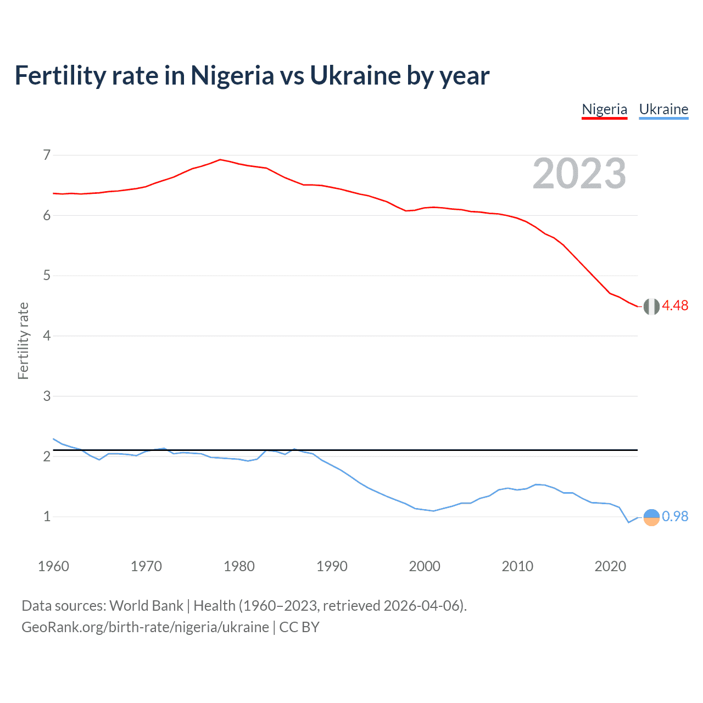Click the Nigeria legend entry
(x=604, y=109)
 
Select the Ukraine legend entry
(x=663, y=109)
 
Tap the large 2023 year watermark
(x=579, y=174)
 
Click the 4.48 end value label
(x=675, y=306)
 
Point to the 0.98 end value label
(x=675, y=517)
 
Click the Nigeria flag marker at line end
(x=651, y=306)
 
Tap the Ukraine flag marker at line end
(x=651, y=517)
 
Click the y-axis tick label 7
(x=47, y=155)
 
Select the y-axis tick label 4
(x=47, y=336)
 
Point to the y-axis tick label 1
(x=47, y=517)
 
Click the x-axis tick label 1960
(x=53, y=567)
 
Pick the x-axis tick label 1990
(x=332, y=567)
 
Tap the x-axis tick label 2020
(x=610, y=567)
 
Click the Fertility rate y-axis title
(x=23, y=341)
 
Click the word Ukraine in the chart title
(x=355, y=76)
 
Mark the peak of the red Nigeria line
(x=220, y=160)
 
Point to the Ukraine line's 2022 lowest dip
(x=629, y=522)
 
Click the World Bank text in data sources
(x=146, y=606)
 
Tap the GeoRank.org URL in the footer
(x=145, y=627)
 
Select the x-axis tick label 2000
(x=425, y=567)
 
